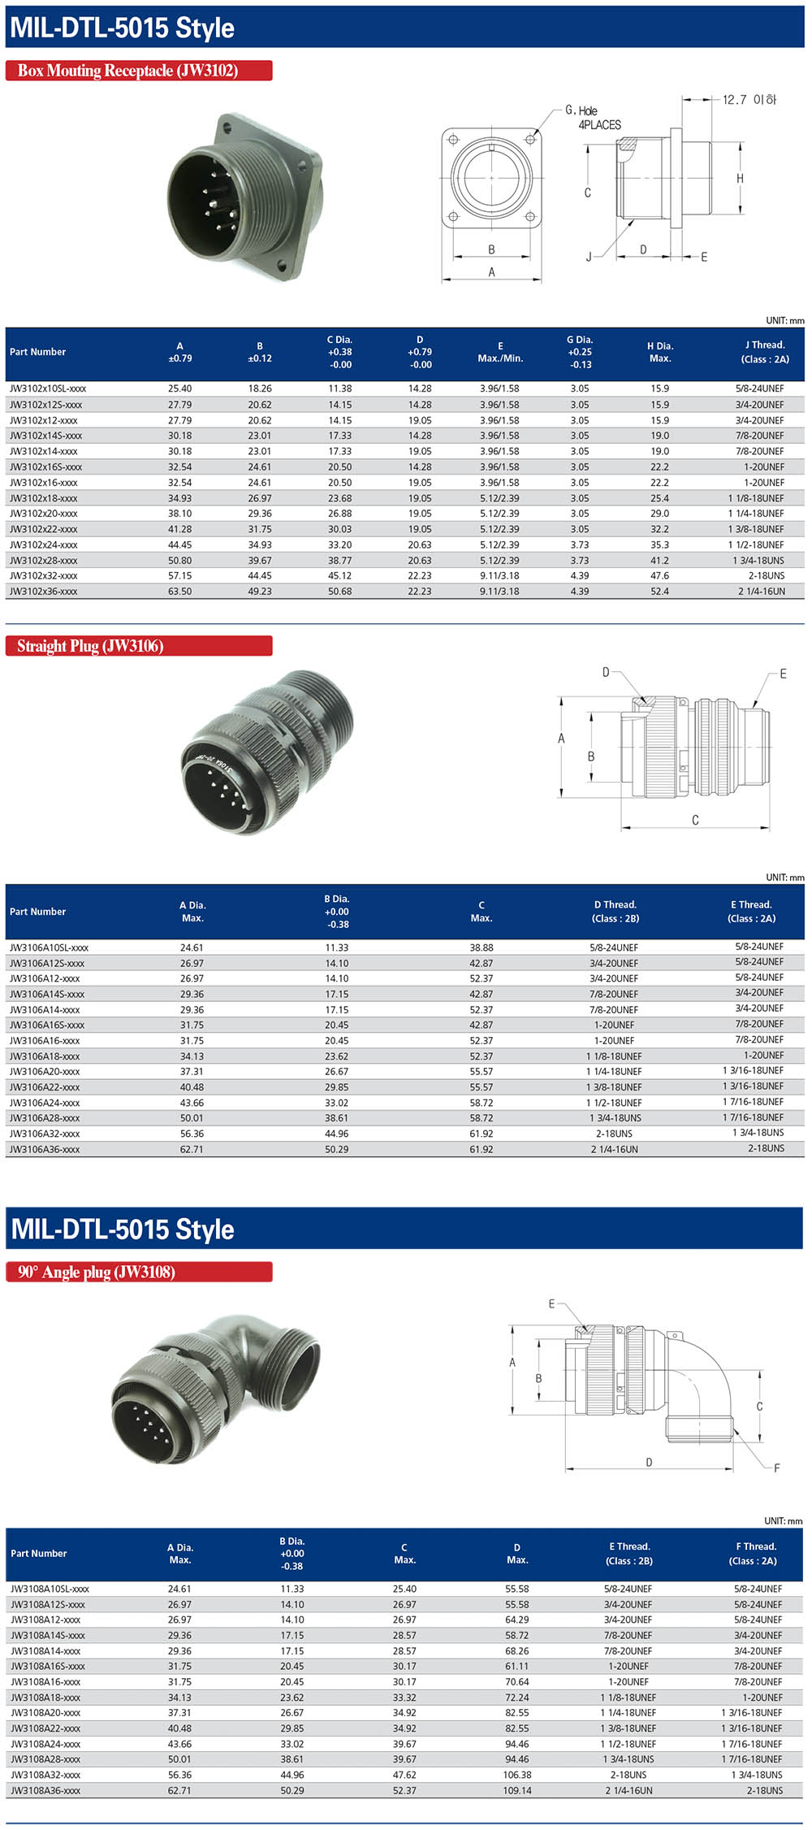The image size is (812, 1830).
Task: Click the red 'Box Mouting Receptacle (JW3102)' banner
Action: click(x=138, y=71)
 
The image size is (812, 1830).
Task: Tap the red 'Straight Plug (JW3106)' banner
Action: click(x=138, y=646)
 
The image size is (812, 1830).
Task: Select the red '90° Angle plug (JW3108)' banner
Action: click(x=138, y=1272)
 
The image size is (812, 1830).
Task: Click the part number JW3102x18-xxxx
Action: click(x=44, y=498)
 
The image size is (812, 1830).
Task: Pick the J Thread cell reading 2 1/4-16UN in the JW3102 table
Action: click(x=761, y=592)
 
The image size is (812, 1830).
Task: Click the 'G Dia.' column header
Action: click(x=580, y=352)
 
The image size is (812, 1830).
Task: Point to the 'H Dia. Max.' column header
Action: click(x=660, y=352)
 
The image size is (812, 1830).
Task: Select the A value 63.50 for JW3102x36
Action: click(x=179, y=592)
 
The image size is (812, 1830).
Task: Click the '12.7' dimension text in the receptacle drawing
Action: click(x=735, y=100)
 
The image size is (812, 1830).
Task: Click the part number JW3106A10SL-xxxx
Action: click(x=49, y=948)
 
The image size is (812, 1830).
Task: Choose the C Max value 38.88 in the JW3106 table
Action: click(x=482, y=948)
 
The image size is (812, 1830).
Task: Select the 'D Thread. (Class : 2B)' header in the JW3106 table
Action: click(x=615, y=911)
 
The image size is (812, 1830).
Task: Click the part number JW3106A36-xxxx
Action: click(x=45, y=1150)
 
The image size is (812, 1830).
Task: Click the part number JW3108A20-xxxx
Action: click(x=45, y=1713)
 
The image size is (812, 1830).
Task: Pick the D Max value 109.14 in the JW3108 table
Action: click(x=517, y=1791)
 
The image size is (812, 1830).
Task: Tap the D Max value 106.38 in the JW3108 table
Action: click(x=517, y=1776)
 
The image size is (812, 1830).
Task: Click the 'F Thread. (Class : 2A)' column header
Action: click(x=756, y=1553)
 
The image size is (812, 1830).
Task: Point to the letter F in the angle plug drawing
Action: click(x=777, y=1468)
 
